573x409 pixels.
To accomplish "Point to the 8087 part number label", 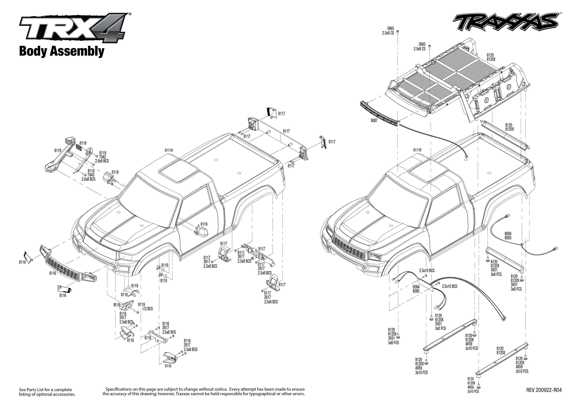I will [374, 121].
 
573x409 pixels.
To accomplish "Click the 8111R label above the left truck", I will [169, 150].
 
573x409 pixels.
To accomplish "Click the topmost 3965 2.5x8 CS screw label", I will [388, 31].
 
